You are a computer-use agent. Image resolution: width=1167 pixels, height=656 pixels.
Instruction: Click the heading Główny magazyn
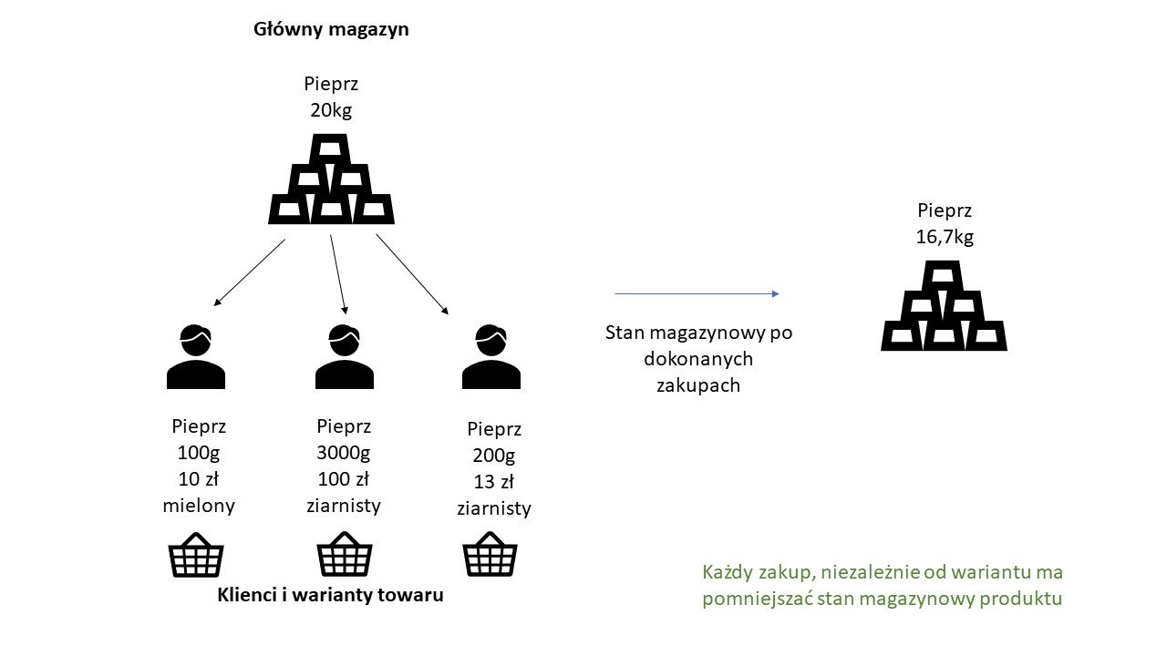pyautogui.click(x=331, y=29)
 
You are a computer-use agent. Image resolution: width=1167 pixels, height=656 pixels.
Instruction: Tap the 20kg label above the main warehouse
pyautogui.click(x=331, y=110)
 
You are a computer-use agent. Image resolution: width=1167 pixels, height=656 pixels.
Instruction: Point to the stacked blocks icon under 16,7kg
pyautogui.click(x=944, y=306)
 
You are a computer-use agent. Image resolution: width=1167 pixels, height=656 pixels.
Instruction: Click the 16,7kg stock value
pyautogui.click(x=944, y=237)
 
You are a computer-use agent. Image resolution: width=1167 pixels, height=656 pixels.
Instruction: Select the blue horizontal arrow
pyautogui.click(x=697, y=293)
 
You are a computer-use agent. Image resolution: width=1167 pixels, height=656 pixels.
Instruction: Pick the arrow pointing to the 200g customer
pyautogui.click(x=412, y=274)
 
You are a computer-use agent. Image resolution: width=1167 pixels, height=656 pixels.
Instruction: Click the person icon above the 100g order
pyautogui.click(x=196, y=356)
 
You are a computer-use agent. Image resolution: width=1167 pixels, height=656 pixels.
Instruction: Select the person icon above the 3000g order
pyautogui.click(x=344, y=356)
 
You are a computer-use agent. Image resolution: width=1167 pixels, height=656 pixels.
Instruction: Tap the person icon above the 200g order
pyautogui.click(x=491, y=356)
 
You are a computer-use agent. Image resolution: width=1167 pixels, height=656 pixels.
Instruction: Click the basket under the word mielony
pyautogui.click(x=196, y=555)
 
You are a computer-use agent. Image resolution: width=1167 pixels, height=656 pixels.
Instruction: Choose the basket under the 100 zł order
pyautogui.click(x=344, y=555)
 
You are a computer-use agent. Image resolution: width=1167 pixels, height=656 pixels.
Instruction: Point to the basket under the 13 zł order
pyautogui.click(x=491, y=555)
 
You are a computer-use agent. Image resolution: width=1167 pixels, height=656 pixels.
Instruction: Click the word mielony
pyautogui.click(x=198, y=506)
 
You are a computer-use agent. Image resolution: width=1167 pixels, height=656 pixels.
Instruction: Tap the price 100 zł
pyautogui.click(x=344, y=478)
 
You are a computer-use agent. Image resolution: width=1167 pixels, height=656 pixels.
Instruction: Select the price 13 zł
pyautogui.click(x=492, y=482)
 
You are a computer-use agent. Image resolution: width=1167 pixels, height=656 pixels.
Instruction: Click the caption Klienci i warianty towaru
pyautogui.click(x=331, y=596)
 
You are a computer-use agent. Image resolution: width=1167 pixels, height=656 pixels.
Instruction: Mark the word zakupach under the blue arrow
pyautogui.click(x=698, y=385)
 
